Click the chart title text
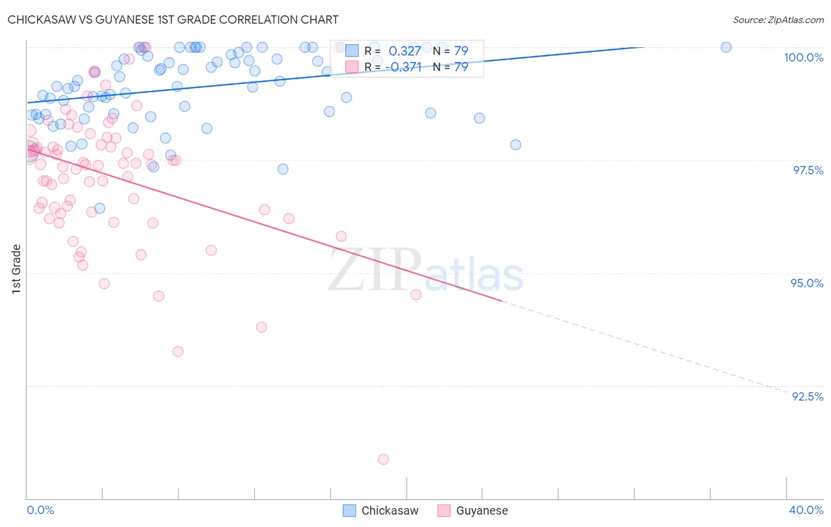tap(173, 19)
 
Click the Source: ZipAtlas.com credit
tap(778, 19)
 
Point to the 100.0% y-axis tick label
tap(803, 57)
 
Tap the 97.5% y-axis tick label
tap(807, 170)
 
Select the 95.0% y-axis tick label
tap(807, 283)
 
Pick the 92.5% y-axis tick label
tap(807, 396)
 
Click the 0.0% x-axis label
tap(41, 510)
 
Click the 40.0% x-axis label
tap(806, 510)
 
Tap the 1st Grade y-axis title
tap(17, 268)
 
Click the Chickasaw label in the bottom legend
tap(389, 510)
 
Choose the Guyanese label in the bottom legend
tap(482, 510)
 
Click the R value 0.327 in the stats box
tap(405, 51)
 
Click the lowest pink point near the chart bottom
tap(383, 459)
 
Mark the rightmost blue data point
tap(726, 47)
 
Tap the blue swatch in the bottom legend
tap(349, 510)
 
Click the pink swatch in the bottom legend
tap(444, 510)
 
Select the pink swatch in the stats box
tap(352, 67)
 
